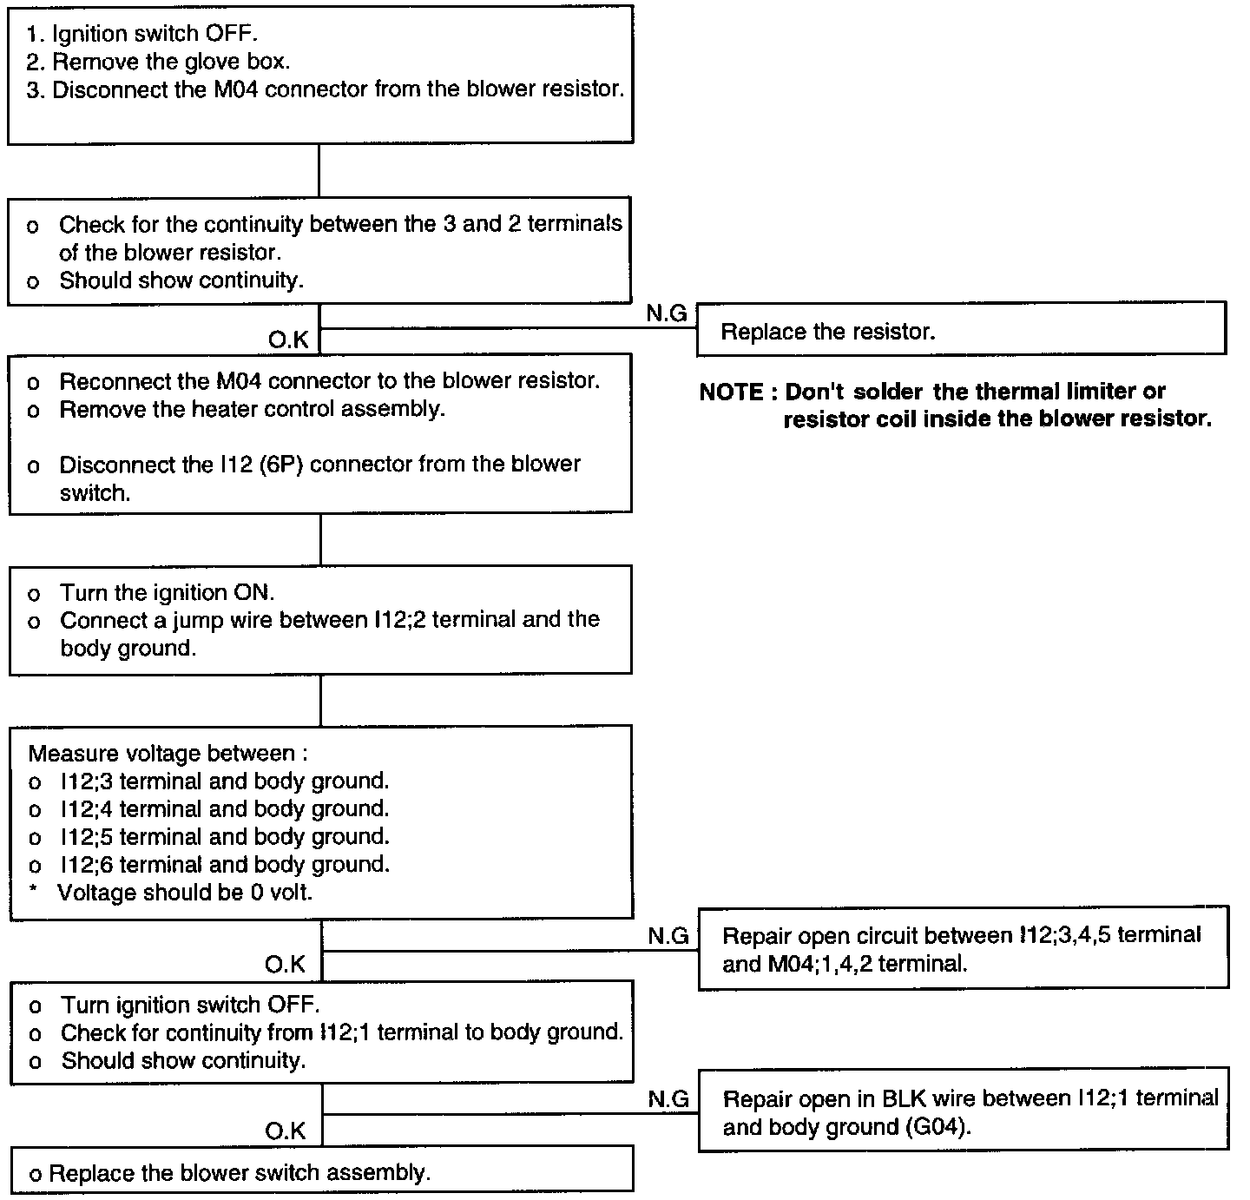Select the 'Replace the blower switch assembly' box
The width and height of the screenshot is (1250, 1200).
pos(321,1172)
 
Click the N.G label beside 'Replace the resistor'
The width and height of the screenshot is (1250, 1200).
pos(667,314)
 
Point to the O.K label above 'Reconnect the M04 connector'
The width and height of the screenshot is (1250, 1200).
pos(288,340)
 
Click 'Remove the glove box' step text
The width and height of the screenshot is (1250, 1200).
pos(171,62)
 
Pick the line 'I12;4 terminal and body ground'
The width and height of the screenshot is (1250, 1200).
pos(224,808)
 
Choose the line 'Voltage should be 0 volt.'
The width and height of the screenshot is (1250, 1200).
pos(184,892)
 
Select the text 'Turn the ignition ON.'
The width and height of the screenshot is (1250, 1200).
pos(167,592)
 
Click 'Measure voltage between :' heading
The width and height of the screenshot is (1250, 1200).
pos(168,753)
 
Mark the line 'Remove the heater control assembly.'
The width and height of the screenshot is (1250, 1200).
pos(252,408)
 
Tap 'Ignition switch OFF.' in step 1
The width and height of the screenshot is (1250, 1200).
pos(155,34)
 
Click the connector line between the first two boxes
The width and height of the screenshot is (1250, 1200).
pos(319,171)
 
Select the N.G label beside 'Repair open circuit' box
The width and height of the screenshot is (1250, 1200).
pos(668,935)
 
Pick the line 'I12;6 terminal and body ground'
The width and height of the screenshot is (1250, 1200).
pos(224,864)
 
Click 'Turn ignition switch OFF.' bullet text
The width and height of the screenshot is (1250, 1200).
pos(190,1005)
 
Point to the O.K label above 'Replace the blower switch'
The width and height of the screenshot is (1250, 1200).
pos(286,1131)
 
